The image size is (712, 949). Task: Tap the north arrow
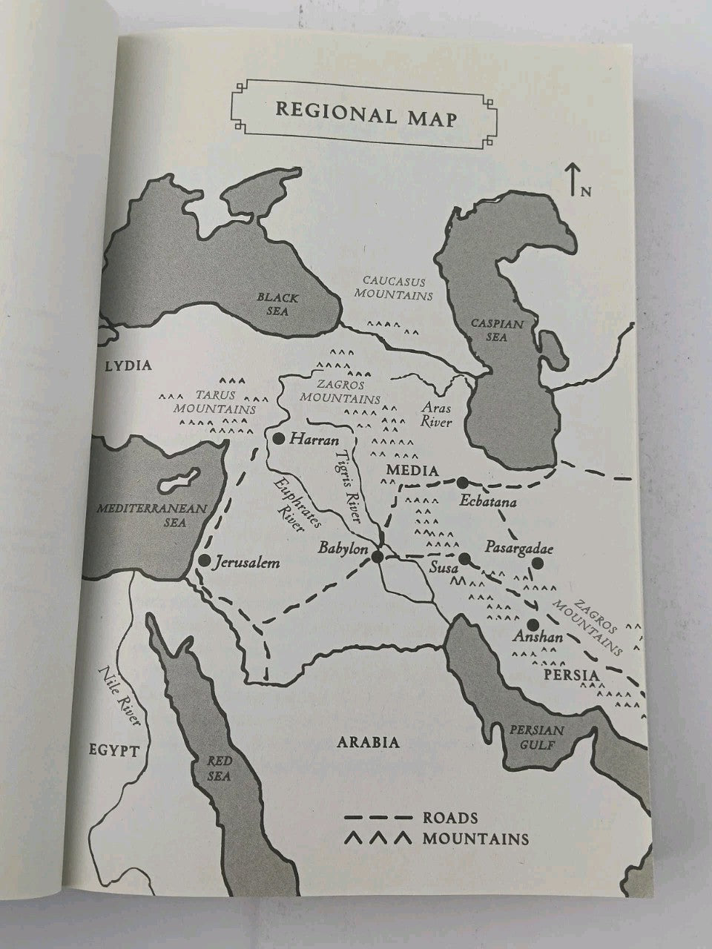click(573, 181)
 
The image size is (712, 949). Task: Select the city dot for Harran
click(279, 439)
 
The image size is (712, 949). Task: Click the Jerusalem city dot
click(204, 561)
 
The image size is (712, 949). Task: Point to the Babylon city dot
click(378, 556)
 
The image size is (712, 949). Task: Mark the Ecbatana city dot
click(462, 482)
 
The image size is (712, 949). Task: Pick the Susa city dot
click(464, 559)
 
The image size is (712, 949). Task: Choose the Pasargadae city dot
click(538, 563)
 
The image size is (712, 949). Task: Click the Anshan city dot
click(533, 624)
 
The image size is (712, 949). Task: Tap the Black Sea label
click(278, 305)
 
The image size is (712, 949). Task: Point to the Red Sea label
click(220, 770)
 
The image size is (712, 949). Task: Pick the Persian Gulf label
click(537, 737)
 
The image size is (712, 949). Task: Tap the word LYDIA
click(128, 365)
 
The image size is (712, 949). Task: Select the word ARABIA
click(369, 742)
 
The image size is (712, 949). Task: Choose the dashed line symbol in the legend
click(378, 818)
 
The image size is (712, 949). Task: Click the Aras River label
click(436, 415)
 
